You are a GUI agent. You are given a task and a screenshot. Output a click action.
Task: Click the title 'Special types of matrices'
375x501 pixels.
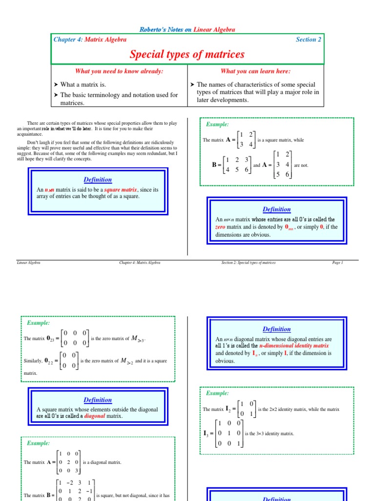187,54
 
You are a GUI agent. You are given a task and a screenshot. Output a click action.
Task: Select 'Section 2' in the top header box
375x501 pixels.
308,40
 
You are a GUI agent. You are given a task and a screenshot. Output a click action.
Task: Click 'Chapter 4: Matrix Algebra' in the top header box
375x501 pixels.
90,40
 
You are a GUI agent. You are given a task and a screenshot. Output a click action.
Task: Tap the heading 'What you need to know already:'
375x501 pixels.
119,71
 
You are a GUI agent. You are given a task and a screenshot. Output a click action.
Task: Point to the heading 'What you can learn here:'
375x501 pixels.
256,71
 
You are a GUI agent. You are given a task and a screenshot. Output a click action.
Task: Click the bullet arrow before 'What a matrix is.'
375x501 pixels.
56,85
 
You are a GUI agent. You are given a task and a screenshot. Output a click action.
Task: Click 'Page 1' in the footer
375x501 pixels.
337,263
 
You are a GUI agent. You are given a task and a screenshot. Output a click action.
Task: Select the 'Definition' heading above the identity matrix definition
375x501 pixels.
276,329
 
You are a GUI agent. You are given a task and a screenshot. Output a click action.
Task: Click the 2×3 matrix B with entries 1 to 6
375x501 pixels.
238,165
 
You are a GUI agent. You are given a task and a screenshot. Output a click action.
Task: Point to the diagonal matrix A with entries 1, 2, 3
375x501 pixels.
69,462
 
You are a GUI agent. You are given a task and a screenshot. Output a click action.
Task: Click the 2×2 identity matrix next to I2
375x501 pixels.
246,409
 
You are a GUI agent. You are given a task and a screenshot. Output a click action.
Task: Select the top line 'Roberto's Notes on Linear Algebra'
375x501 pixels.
187,29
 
